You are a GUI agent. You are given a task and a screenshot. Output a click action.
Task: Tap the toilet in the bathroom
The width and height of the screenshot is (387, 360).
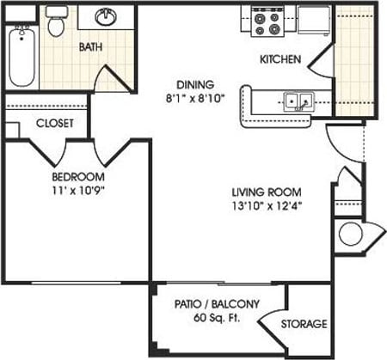click(57, 23)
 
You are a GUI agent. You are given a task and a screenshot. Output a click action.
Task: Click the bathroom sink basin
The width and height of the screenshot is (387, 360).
click(108, 17)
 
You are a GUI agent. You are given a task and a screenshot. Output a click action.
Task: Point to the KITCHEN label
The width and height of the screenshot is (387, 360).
click(280, 60)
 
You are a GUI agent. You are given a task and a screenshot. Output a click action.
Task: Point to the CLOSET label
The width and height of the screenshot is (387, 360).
click(53, 123)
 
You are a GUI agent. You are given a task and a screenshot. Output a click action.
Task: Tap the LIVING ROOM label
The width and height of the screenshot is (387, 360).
click(266, 192)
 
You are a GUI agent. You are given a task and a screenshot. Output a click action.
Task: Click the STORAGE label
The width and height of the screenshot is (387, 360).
click(304, 324)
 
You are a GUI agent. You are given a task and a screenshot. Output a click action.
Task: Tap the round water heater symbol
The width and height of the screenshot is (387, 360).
click(350, 234)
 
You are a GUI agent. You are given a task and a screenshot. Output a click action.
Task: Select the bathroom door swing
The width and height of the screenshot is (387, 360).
click(110, 79)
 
